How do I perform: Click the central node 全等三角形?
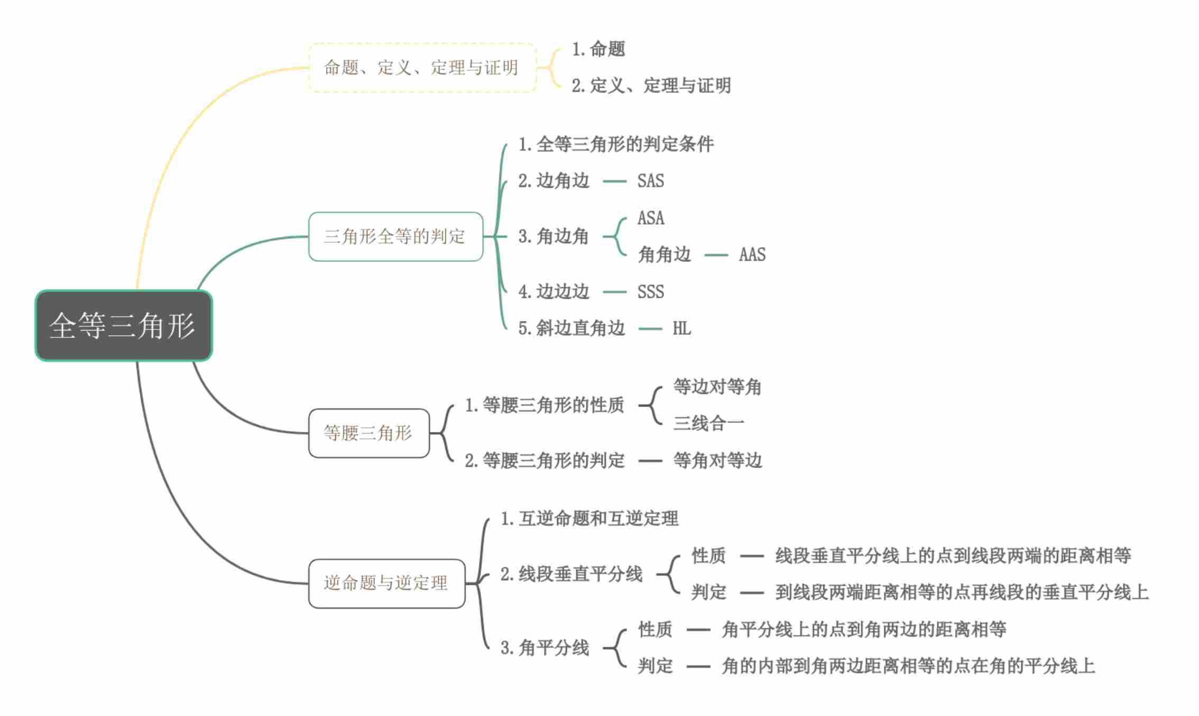(x=123, y=325)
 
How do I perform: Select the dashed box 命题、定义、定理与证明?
(x=422, y=68)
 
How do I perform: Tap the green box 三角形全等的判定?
(x=395, y=236)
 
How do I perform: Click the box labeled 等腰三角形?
(x=368, y=433)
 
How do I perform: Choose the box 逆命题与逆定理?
(x=386, y=583)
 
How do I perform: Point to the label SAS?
(x=650, y=181)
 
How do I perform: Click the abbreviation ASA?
(x=650, y=218)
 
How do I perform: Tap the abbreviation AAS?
(x=752, y=255)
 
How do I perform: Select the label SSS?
(x=650, y=292)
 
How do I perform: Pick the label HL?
(x=681, y=328)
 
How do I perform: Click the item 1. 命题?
(x=598, y=49)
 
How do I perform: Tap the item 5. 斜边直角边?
(x=571, y=328)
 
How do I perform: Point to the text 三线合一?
(x=708, y=423)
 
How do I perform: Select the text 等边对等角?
(x=717, y=387)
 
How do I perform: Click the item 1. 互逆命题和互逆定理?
(x=589, y=519)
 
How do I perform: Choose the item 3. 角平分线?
(x=545, y=648)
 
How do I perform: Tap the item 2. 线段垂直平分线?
(x=571, y=574)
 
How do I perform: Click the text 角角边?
(x=665, y=255)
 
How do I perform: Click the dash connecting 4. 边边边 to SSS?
(x=614, y=292)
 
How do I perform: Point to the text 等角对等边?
(x=717, y=461)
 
